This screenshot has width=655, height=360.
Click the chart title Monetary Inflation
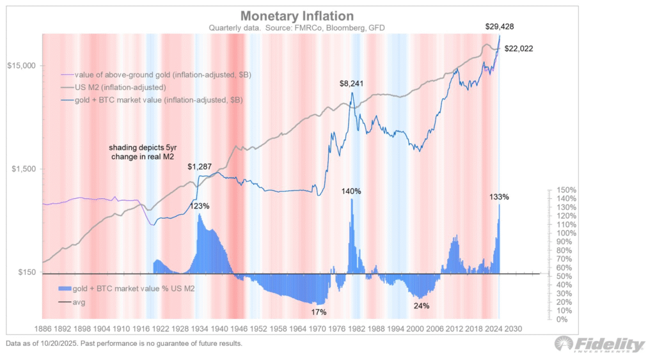click(288, 15)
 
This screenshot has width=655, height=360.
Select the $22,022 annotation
click(519, 49)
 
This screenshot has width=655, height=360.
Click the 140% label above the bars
click(351, 191)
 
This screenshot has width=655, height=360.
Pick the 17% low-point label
click(319, 312)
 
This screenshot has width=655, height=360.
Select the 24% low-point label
click(422, 306)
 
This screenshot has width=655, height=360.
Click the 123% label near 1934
click(200, 206)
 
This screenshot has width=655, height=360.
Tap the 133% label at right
click(499, 197)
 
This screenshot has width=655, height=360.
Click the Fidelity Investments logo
click(600, 345)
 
